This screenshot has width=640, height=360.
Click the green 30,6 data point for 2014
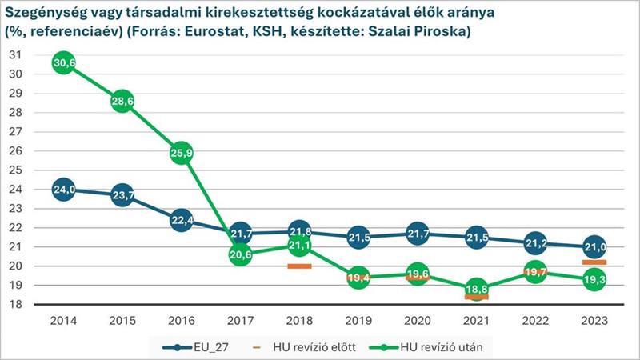point(64,63)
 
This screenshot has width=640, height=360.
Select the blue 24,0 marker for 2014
point(64,190)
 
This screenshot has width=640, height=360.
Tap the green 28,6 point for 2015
point(122,102)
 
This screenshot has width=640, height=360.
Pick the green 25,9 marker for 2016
point(181,154)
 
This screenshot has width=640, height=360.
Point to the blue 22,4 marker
point(181,221)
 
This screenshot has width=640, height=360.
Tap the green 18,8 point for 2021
point(477,290)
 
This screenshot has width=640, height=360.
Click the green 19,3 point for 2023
point(594,280)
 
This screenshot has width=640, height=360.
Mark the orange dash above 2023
point(594,262)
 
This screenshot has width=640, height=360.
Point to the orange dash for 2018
point(299,266)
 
